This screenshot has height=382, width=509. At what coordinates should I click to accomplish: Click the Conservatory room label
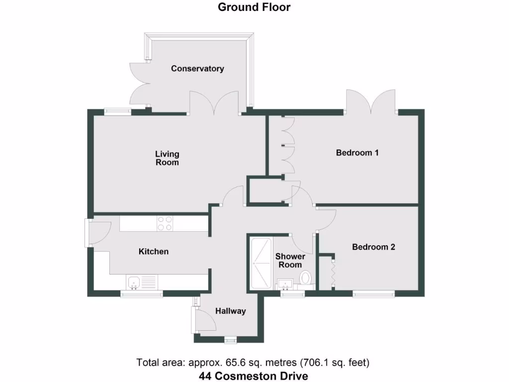(197, 69)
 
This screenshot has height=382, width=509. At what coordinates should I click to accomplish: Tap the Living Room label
(167, 158)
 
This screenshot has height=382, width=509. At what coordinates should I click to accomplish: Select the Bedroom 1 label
(357, 153)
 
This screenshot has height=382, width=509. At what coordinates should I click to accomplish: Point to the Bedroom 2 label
(373, 247)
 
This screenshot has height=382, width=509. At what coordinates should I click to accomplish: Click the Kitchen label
(153, 252)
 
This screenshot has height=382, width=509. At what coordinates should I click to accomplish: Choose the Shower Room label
(290, 261)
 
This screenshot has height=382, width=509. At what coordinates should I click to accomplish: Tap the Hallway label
(231, 311)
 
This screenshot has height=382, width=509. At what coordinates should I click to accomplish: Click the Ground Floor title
(254, 7)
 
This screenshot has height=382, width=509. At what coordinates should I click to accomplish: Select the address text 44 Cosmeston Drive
(254, 376)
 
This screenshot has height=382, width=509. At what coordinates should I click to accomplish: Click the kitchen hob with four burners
(165, 223)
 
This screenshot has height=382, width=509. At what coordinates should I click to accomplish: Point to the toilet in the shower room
(306, 278)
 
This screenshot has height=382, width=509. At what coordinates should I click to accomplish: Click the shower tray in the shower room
(260, 264)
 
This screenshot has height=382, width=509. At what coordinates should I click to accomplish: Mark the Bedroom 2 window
(374, 294)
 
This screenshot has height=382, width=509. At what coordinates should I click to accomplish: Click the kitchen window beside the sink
(142, 294)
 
